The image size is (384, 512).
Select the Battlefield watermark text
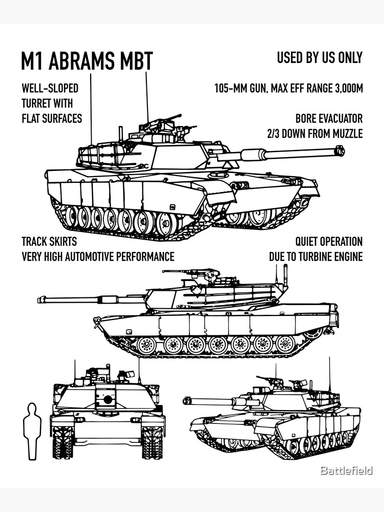pyautogui.click(x=346, y=471)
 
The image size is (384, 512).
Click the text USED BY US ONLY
pyautogui.click(x=319, y=58)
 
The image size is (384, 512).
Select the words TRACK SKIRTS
pyautogui.click(x=49, y=241)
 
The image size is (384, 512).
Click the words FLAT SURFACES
pyautogui.click(x=52, y=119)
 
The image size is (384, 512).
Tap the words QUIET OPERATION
pyautogui.click(x=329, y=241)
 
